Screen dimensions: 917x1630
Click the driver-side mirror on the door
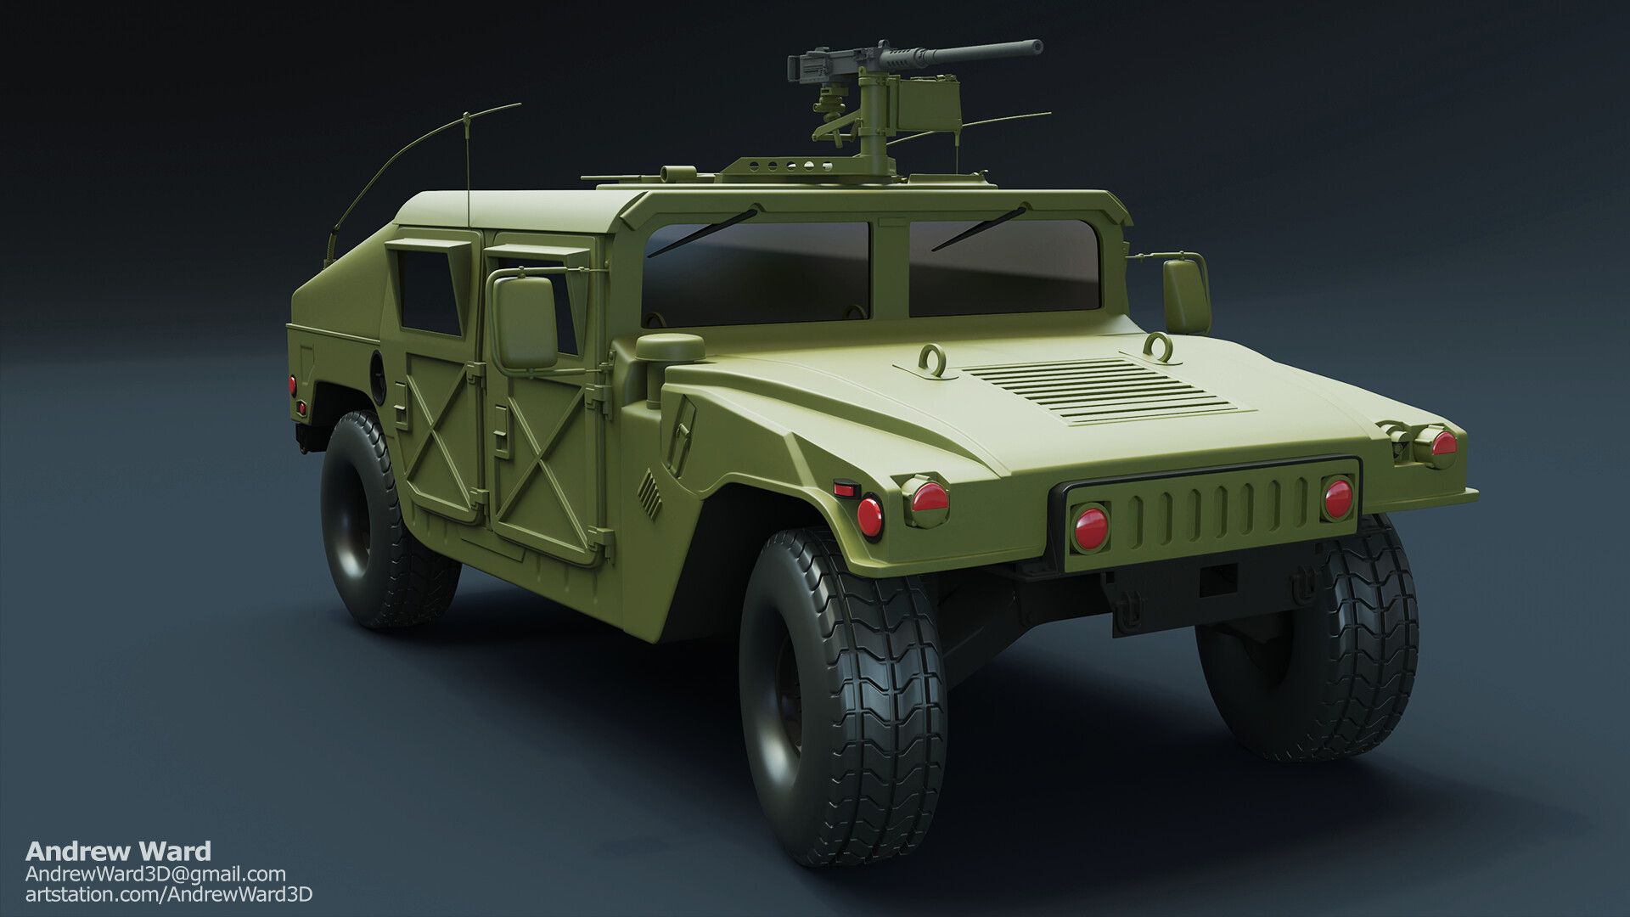524,322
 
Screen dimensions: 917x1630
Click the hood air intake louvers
1103,390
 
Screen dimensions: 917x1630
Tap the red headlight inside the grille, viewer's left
1088,526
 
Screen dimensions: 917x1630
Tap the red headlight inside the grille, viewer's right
1337,498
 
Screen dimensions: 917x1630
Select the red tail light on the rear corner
292,384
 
